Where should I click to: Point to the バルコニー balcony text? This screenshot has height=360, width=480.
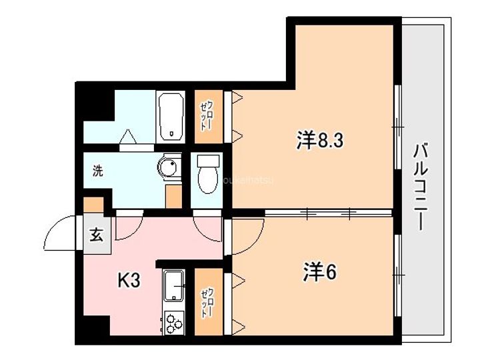(419, 186)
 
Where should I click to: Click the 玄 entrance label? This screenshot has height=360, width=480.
(97, 235)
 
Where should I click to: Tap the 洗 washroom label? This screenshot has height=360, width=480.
(97, 170)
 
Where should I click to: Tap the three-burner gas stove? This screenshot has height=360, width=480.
(175, 322)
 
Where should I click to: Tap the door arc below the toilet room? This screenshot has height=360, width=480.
(206, 225)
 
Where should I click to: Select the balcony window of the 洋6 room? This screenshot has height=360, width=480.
(397, 273)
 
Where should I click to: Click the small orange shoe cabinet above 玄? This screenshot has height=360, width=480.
(94, 204)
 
